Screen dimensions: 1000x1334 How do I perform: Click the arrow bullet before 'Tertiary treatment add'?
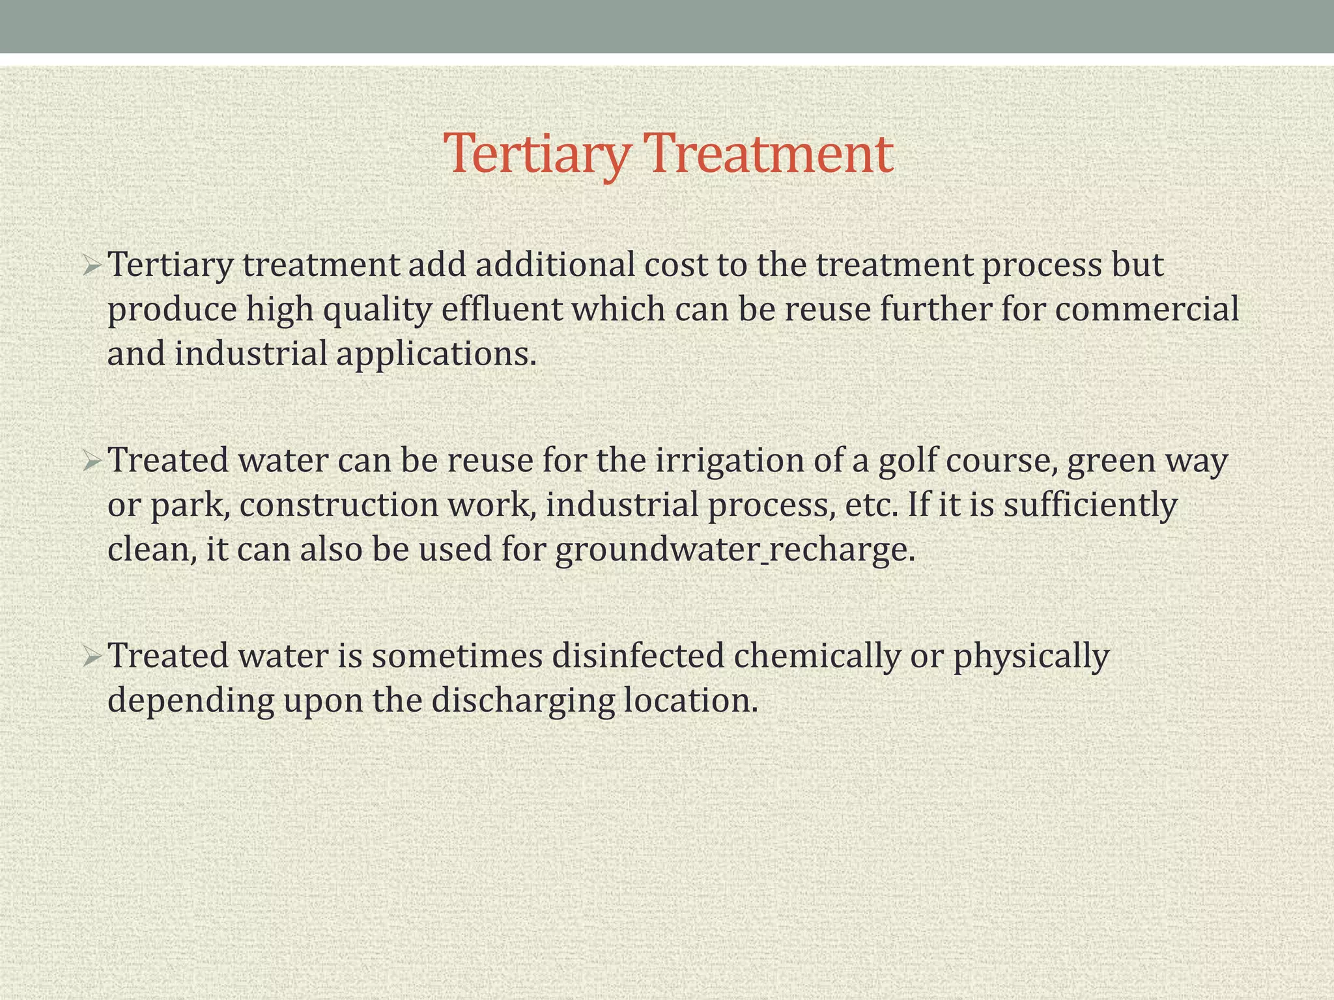92,266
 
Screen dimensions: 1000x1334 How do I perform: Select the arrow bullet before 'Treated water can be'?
92,462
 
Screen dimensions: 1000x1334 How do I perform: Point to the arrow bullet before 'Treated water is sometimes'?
92,657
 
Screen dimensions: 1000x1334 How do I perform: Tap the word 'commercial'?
1147,309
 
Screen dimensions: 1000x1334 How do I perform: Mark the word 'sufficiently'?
1090,505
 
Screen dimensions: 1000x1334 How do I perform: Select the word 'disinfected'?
638,656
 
